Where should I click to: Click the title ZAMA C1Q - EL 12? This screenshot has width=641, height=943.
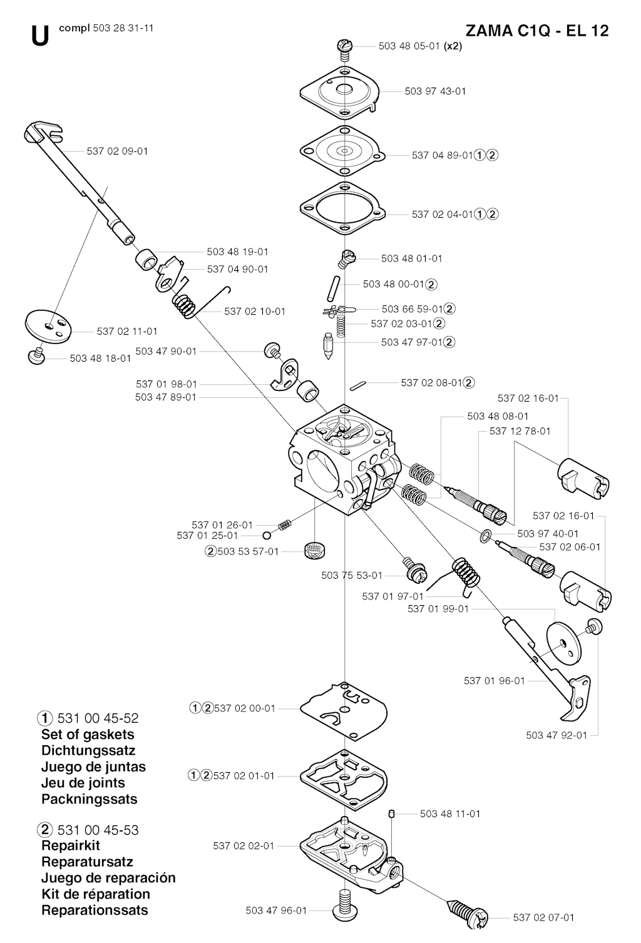tap(537, 31)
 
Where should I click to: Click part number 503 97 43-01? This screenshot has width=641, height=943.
tap(435, 91)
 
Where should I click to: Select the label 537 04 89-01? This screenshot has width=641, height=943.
tap(442, 155)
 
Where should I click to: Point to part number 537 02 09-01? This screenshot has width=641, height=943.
tap(118, 151)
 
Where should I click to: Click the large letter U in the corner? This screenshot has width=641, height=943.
tap(39, 36)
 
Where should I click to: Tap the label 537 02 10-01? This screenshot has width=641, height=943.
tap(255, 311)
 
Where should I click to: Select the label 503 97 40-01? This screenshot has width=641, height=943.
tap(548, 534)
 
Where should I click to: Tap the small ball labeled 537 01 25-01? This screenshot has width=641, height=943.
tap(267, 536)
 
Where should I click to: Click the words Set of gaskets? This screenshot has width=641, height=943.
tap(88, 734)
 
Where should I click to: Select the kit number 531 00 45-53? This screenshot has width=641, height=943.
tap(98, 830)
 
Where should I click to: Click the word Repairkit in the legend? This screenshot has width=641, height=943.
tap(71, 845)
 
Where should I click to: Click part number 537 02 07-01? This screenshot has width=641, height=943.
tap(543, 917)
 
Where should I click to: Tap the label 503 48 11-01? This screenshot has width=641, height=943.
tap(450, 813)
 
